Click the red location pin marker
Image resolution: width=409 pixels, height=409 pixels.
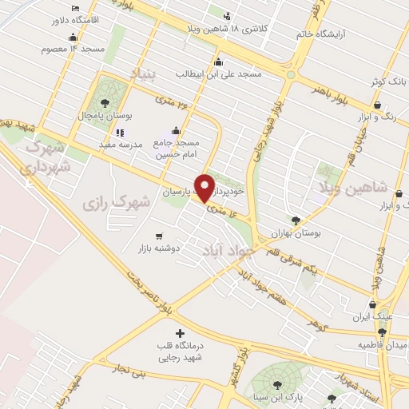205,186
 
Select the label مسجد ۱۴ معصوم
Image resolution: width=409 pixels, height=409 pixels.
73,49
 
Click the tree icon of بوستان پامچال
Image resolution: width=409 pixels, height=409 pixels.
105,102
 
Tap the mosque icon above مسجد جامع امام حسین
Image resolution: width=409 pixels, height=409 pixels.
176,131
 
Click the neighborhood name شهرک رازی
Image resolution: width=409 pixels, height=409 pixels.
117,203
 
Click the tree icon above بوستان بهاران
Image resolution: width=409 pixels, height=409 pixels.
296,220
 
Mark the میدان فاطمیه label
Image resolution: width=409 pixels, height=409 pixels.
382,344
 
